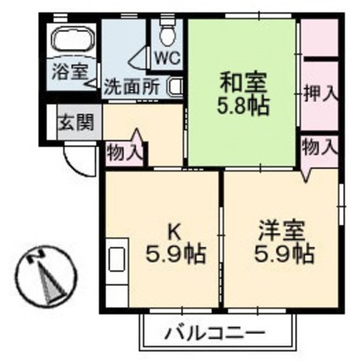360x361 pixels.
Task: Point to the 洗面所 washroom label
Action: click(131, 88)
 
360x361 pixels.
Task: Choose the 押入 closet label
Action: click(319, 93)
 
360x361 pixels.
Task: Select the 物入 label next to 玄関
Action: click(125, 152)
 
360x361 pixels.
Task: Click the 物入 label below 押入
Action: click(319, 148)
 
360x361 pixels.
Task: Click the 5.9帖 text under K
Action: click(175, 255)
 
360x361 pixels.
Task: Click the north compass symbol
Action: click(42, 276)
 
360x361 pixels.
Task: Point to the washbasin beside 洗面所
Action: click(175, 87)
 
